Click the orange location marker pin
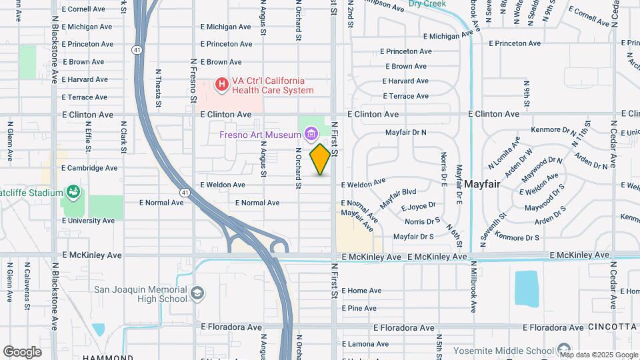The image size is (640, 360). (x=321, y=159)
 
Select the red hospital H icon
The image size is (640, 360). (x=221, y=85)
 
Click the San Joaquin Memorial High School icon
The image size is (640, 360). (x=197, y=293)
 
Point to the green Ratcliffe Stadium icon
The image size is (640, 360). (x=74, y=193)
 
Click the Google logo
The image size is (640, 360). (x=22, y=351)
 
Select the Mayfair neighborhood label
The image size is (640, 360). (x=482, y=183)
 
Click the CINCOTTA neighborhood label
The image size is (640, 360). (x=613, y=327)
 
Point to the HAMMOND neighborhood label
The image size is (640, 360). (x=103, y=357)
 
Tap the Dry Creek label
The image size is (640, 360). (x=427, y=4)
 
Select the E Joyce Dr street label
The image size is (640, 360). (x=418, y=206)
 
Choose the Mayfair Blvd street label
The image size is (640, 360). (x=398, y=196)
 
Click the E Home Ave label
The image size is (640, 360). (x=361, y=291)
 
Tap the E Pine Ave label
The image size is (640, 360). (x=359, y=308)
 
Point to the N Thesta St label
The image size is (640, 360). (x=158, y=87)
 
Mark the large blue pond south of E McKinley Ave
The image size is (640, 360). (x=527, y=288)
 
